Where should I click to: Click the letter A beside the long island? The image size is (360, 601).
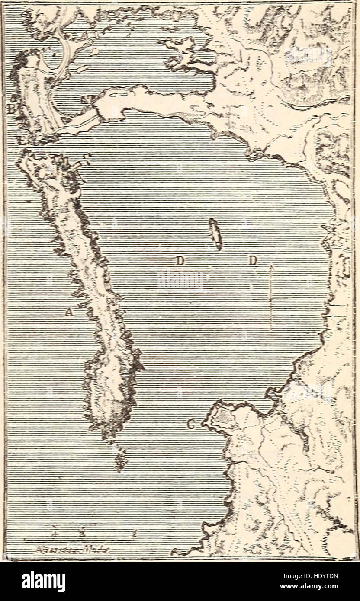67,312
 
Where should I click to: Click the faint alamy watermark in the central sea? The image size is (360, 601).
180,280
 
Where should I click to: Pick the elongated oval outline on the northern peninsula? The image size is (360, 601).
118,93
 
